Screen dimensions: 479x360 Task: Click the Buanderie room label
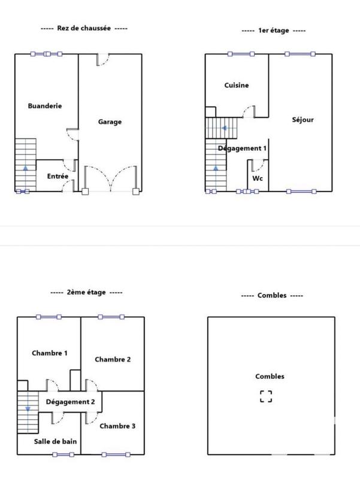45,106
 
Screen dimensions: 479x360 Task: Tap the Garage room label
110,122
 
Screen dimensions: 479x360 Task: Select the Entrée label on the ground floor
58,176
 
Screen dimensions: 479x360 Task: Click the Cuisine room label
237,85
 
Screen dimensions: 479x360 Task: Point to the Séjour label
302,120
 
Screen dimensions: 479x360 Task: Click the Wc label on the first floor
258,178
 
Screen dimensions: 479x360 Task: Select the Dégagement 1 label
242,148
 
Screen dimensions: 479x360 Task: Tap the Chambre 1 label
49,353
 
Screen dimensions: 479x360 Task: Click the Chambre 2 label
113,359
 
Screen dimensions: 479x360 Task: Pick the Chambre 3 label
117,426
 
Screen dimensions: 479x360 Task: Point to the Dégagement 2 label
70,402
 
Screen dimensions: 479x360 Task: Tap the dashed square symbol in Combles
266,396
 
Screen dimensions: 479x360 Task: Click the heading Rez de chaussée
84,28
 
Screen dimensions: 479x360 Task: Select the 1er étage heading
273,31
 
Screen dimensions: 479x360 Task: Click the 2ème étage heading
87,292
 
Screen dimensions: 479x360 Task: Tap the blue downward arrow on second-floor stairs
26,408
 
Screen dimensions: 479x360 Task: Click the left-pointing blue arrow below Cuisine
223,128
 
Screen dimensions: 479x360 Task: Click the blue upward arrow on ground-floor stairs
25,169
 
